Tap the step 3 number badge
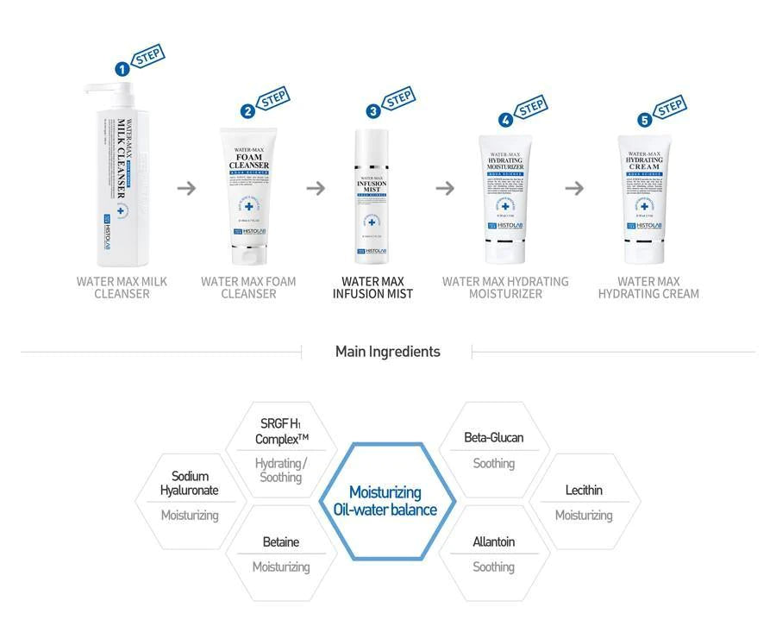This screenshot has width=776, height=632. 372,111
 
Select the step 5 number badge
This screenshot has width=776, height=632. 645,120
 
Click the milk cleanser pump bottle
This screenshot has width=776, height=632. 116,177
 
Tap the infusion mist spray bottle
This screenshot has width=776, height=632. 372,197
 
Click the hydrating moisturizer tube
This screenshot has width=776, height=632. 505,199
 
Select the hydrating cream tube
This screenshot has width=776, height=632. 642,199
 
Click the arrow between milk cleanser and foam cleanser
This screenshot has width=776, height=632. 186,188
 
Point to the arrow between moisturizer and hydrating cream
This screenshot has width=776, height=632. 574,188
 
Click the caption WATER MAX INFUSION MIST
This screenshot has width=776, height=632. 372,287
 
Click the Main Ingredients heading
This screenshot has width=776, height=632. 387,351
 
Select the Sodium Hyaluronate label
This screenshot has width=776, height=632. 189,483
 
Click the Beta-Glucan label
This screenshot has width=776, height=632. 493,437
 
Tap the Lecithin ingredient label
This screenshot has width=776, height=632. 584,490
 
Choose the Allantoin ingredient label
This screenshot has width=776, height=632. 493,541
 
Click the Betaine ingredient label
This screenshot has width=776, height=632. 280,541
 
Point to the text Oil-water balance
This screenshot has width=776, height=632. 385,510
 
